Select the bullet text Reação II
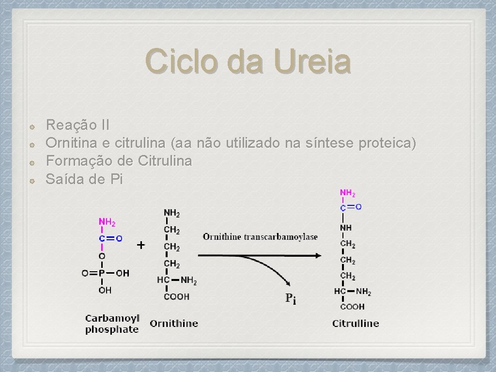(77, 125)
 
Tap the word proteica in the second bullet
(387, 143)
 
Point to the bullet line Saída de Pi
(84, 179)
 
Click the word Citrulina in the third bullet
(165, 161)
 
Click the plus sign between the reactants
(140, 245)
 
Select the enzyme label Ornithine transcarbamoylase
(260, 237)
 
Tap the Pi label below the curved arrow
(291, 298)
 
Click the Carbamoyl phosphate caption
(112, 324)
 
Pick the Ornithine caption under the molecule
(174, 323)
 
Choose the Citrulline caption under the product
(356, 323)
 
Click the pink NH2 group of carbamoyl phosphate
(107, 222)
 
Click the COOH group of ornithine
(176, 296)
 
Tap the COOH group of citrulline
(352, 307)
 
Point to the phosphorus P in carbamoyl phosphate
(102, 273)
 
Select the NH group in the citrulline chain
(346, 228)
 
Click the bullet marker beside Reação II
(31, 126)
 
